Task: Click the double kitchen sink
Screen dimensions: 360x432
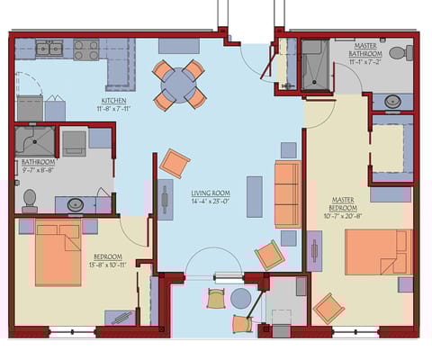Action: [50, 48]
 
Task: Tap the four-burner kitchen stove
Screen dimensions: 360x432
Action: [86, 49]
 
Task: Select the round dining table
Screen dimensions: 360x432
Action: [179, 85]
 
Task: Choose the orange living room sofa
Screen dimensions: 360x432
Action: [287, 193]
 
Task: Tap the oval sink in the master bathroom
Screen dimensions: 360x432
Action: [393, 101]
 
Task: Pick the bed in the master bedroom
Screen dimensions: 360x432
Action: [378, 252]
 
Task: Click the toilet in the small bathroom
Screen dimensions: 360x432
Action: [30, 198]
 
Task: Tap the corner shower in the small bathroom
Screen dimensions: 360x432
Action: [34, 142]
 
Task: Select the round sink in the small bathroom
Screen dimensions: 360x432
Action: [76, 204]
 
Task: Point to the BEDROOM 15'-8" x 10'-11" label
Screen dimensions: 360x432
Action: [108, 262]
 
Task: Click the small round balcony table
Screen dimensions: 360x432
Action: [240, 298]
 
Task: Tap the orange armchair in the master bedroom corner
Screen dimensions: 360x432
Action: [328, 309]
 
